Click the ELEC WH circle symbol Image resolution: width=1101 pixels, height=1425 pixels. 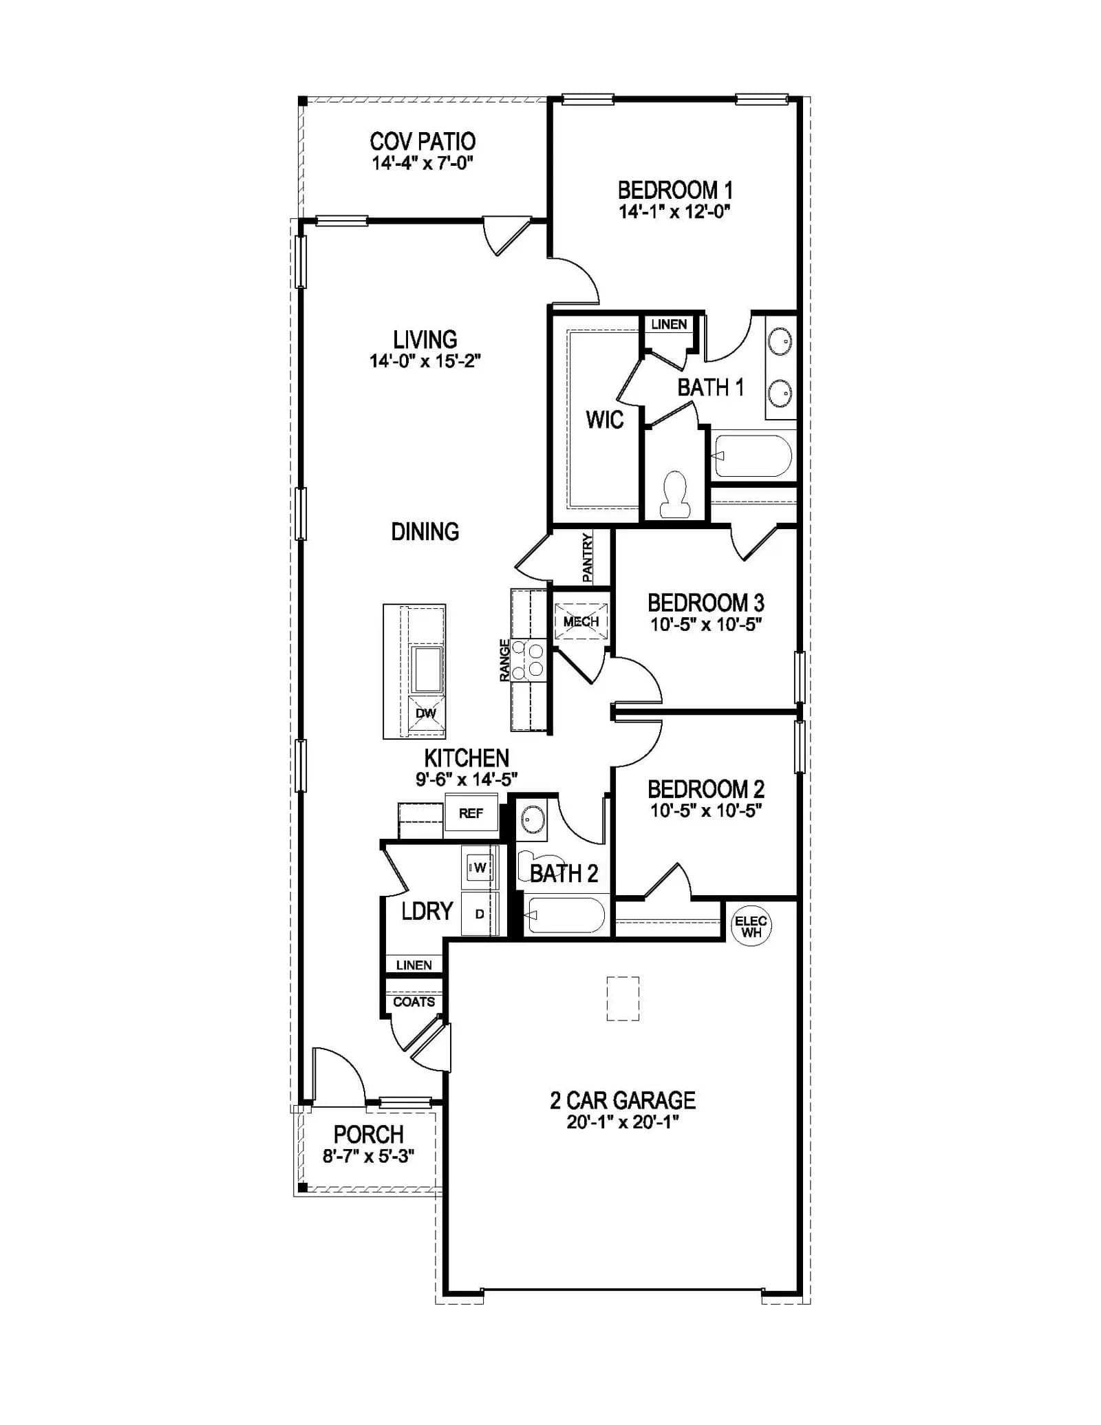[x=751, y=926]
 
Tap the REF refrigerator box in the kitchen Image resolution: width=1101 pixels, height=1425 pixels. [x=471, y=813]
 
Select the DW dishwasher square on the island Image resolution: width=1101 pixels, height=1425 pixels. [x=427, y=714]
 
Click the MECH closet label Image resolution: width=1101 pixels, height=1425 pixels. [x=581, y=621]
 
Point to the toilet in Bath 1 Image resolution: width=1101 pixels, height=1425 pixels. [x=674, y=494]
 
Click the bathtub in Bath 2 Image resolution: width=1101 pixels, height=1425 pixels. [x=566, y=914]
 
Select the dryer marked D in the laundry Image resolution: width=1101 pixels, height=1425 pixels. [x=480, y=914]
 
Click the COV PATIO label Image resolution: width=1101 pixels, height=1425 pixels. [x=423, y=142]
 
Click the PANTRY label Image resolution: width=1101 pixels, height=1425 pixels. [x=587, y=558]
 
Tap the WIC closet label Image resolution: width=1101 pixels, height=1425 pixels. [x=605, y=419]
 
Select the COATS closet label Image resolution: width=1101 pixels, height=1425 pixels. [x=414, y=1002]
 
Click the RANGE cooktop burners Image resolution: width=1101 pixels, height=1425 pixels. [x=528, y=658]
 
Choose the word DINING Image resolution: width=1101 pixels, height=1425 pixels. [x=425, y=531]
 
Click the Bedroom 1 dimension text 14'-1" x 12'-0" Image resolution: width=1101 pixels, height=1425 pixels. [x=674, y=211]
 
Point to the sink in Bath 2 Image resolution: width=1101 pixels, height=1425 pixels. [x=532, y=819]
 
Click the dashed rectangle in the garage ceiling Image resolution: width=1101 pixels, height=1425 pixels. [x=623, y=998]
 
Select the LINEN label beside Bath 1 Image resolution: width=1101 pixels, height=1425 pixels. [x=669, y=324]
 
